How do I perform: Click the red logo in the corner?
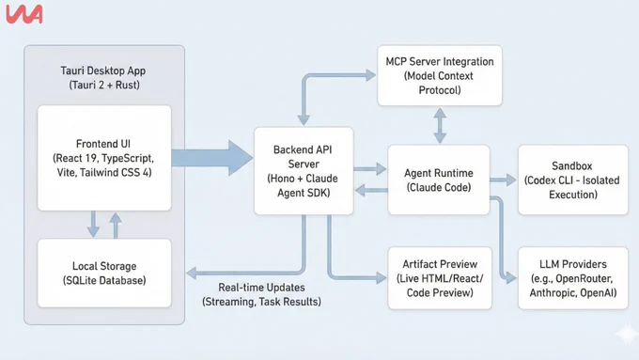click(24, 14)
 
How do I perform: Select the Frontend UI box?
click(104, 158)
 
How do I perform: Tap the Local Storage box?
click(104, 273)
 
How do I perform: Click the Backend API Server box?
click(304, 171)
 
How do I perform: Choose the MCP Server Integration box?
click(440, 75)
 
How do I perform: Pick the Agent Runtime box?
click(439, 180)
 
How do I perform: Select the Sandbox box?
click(573, 180)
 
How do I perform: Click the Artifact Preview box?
click(440, 278)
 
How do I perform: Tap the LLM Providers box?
click(573, 278)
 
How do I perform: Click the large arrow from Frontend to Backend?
click(212, 158)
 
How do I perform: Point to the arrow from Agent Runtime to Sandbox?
click(504, 180)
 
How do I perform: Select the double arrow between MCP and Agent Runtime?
click(440, 125)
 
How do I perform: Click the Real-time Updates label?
click(261, 294)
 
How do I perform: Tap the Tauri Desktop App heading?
click(103, 77)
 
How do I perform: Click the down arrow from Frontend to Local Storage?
click(93, 224)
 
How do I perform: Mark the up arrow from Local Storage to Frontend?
click(116, 225)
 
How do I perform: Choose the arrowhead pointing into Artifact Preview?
click(381, 278)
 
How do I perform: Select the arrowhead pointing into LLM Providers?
click(511, 278)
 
